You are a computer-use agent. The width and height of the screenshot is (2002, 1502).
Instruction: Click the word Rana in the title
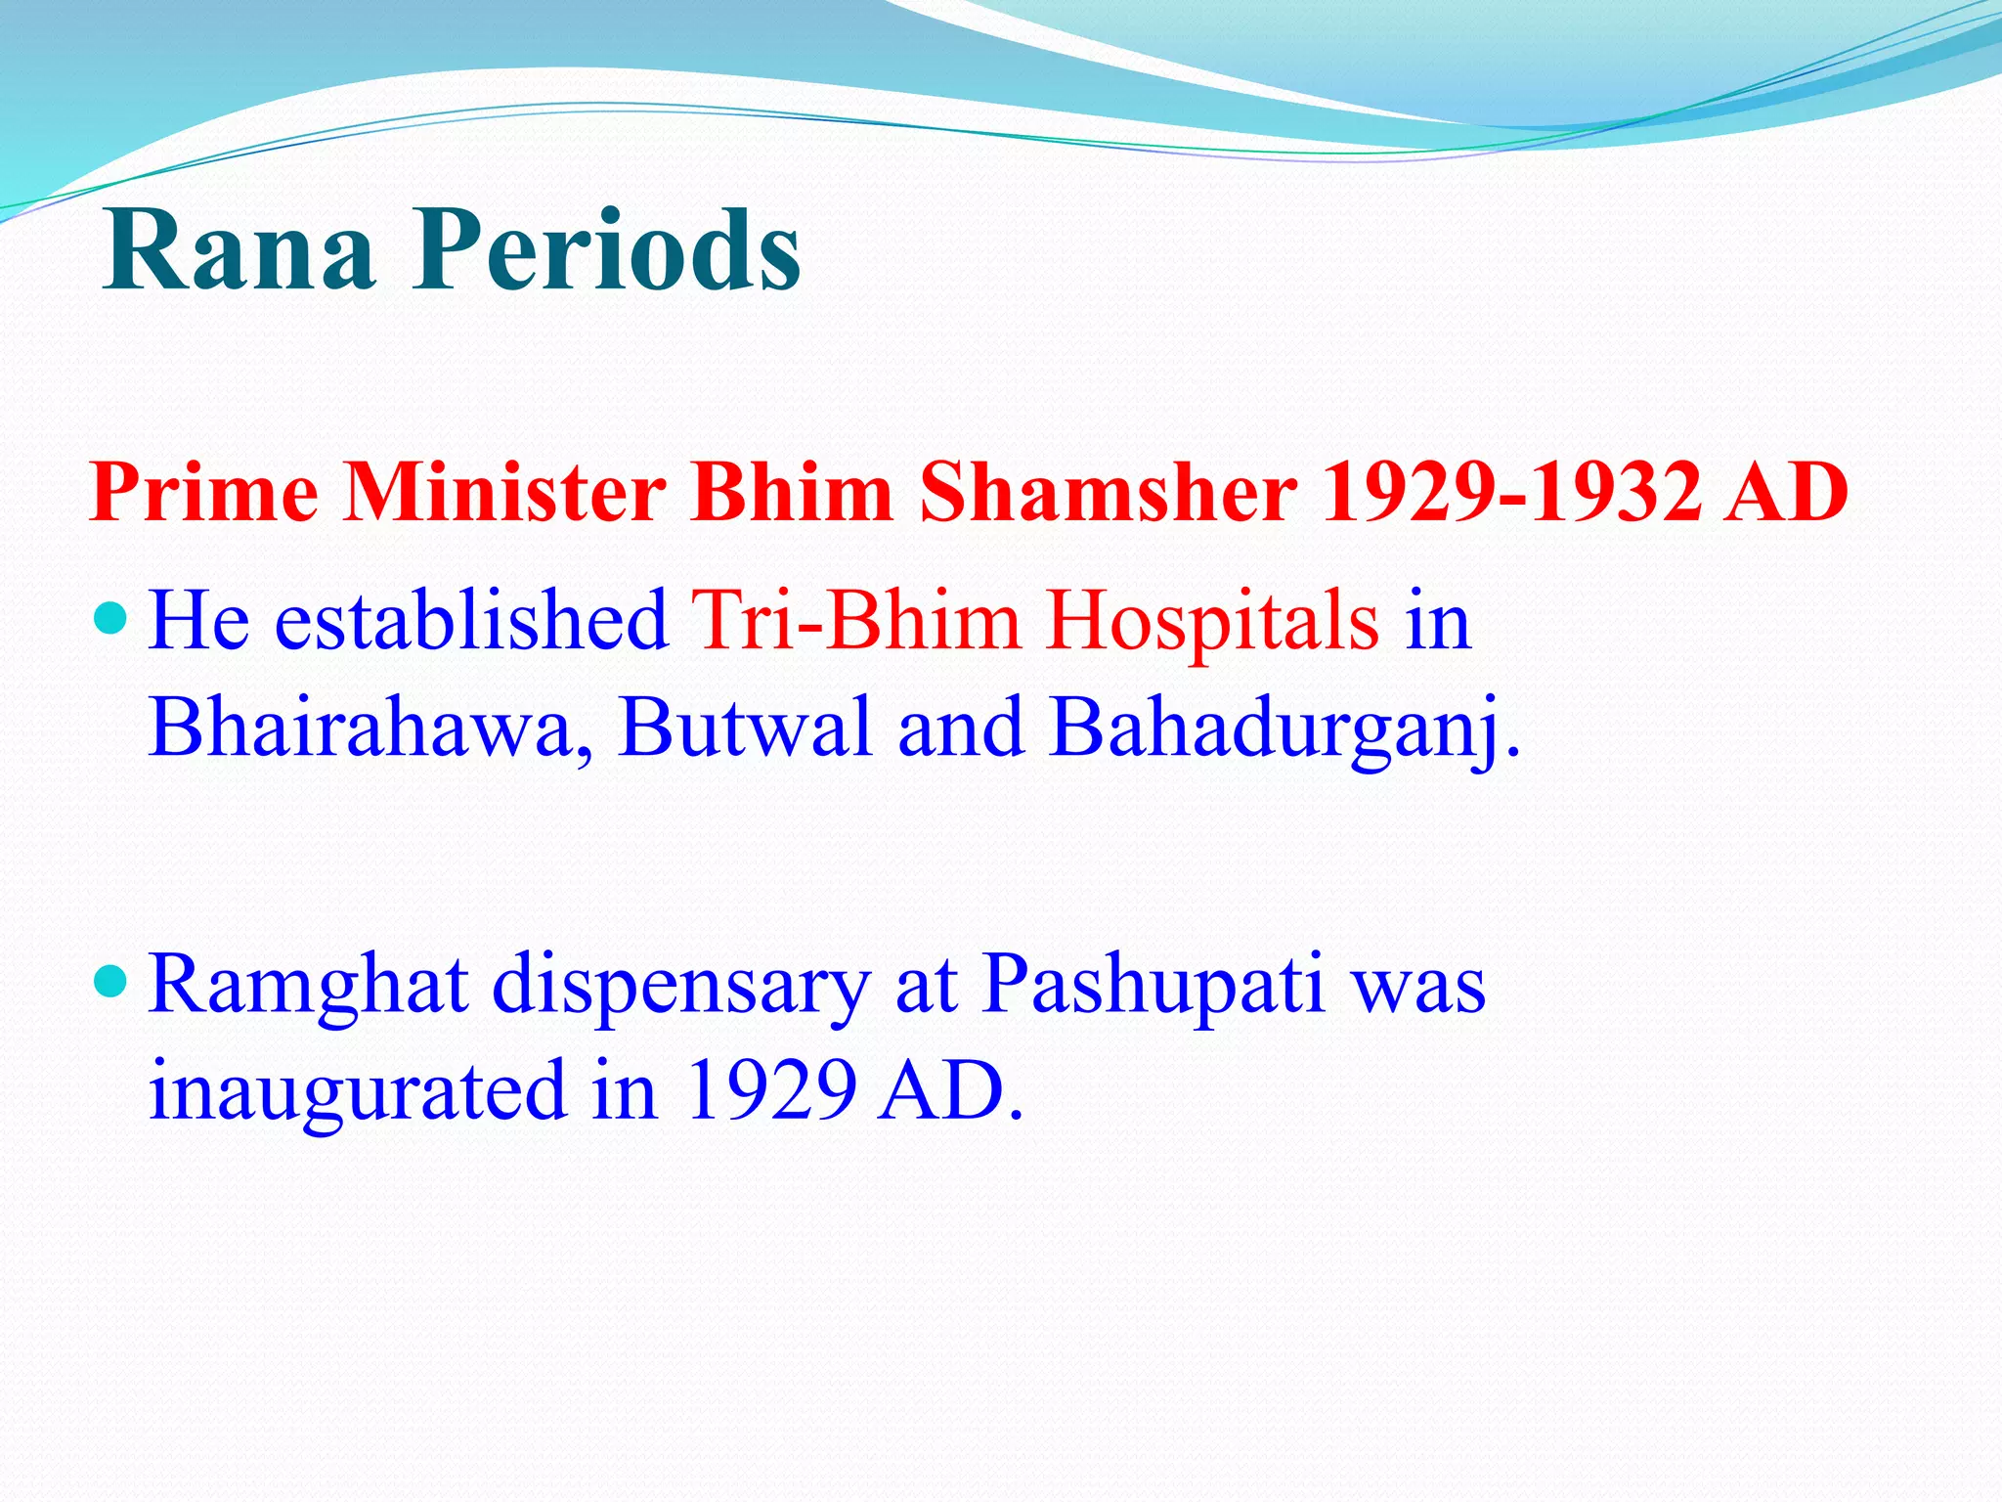(x=239, y=251)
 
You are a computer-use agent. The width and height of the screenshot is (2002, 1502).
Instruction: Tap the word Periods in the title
(x=606, y=251)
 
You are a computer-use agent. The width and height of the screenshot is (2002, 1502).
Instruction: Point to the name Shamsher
(x=1109, y=492)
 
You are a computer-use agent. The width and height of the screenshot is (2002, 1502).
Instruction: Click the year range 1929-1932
(x=1510, y=492)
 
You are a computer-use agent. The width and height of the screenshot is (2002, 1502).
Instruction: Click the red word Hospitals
(x=1212, y=622)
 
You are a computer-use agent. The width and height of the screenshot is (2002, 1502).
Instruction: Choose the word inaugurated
(x=358, y=1091)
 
